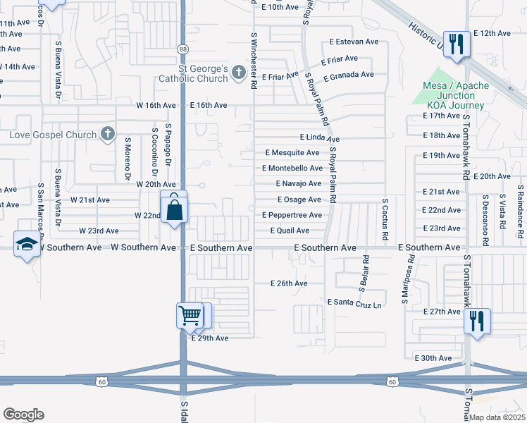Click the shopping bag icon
click(173, 209)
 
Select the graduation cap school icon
click(27, 244)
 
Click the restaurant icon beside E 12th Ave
click(457, 44)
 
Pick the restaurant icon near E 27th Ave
click(476, 321)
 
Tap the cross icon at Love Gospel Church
click(107, 134)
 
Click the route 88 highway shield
click(182, 48)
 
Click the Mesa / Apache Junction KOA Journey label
click(454, 95)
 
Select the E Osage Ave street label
click(299, 200)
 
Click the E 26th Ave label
click(289, 283)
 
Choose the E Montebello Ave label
click(292, 168)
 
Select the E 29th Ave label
click(210, 338)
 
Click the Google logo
click(23, 415)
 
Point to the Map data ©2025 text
click(497, 417)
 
